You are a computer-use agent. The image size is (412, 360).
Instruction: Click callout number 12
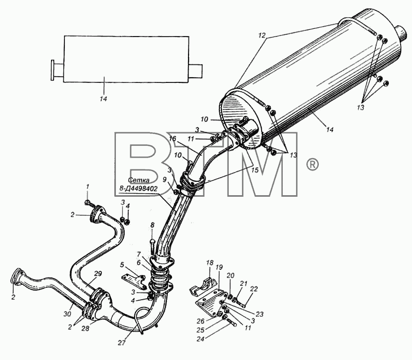click(262, 36)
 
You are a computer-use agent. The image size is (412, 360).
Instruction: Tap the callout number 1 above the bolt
click(88, 187)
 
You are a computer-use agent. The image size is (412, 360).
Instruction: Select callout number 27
click(122, 342)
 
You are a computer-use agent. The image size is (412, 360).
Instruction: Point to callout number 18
click(209, 263)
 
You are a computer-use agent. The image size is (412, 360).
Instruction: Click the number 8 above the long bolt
click(152, 225)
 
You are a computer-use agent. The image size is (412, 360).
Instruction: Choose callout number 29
click(98, 273)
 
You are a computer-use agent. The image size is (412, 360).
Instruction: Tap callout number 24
click(200, 339)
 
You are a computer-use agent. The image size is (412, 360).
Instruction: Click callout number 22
click(254, 289)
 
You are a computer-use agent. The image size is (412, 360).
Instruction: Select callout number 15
click(254, 170)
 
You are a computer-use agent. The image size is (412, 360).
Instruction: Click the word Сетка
click(139, 180)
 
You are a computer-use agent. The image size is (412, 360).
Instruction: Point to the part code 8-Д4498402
click(138, 188)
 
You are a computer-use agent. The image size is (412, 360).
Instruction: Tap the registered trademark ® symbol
click(313, 164)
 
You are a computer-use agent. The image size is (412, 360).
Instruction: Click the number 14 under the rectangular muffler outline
click(104, 99)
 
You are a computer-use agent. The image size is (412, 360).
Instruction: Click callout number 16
click(173, 139)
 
